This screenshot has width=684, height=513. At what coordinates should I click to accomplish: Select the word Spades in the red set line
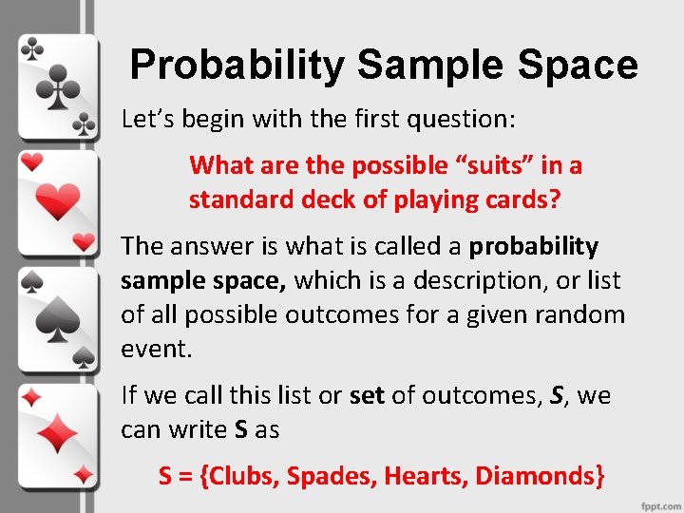click(x=329, y=475)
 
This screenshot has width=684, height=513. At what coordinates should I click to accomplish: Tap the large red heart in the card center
click(x=58, y=201)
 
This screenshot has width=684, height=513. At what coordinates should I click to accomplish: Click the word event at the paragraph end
click(x=154, y=349)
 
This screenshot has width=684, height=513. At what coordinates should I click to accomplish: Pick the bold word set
click(x=367, y=395)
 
